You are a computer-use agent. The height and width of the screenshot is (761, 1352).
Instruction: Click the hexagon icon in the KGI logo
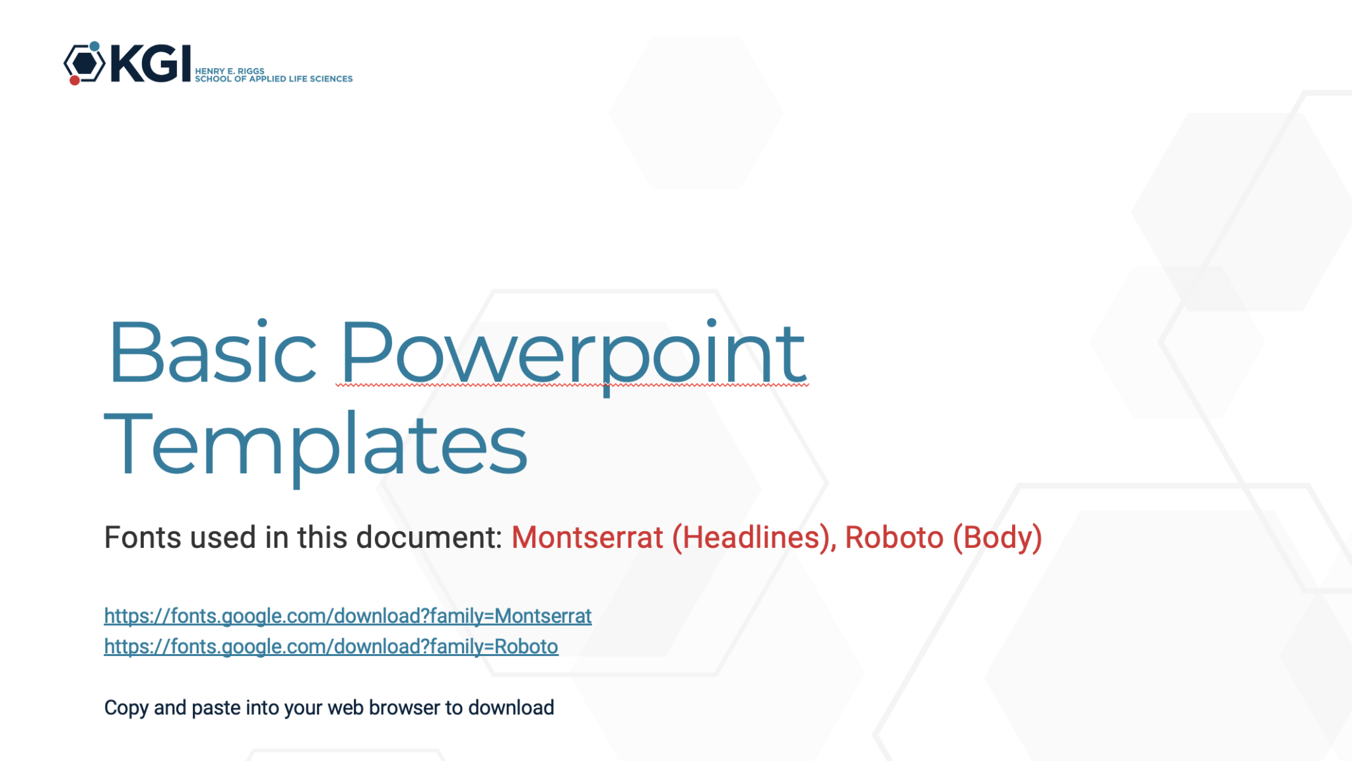pos(84,63)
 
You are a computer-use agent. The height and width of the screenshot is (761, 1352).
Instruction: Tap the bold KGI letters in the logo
pos(151,63)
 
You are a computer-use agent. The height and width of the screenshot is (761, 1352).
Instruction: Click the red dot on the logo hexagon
pos(75,80)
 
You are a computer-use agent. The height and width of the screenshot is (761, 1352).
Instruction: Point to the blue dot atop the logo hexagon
pos(94,46)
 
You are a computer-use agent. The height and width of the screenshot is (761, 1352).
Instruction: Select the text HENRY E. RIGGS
pos(230,71)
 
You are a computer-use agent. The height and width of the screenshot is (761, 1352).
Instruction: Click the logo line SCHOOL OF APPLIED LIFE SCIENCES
pos(274,79)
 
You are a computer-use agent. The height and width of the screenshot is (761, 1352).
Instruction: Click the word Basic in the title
pos(213,352)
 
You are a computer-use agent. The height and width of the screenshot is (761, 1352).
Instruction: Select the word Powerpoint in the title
pos(572,357)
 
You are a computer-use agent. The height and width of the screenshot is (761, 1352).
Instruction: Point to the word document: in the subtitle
pos(430,537)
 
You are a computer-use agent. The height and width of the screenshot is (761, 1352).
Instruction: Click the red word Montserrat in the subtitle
pos(588,537)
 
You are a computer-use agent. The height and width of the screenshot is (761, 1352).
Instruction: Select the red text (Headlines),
pos(755,538)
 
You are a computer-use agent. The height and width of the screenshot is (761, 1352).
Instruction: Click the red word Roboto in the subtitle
pos(895,537)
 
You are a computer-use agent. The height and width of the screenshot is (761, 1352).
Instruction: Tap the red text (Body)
pos(997,538)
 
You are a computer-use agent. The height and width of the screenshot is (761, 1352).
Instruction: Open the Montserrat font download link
pos(348,616)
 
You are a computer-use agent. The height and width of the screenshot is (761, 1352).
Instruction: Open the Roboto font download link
pos(331,646)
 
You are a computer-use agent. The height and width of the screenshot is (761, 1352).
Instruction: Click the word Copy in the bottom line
pos(126,708)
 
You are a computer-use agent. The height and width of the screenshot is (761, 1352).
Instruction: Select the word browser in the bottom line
pos(404,708)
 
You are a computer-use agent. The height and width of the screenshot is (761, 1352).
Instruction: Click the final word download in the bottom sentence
pos(511,708)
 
